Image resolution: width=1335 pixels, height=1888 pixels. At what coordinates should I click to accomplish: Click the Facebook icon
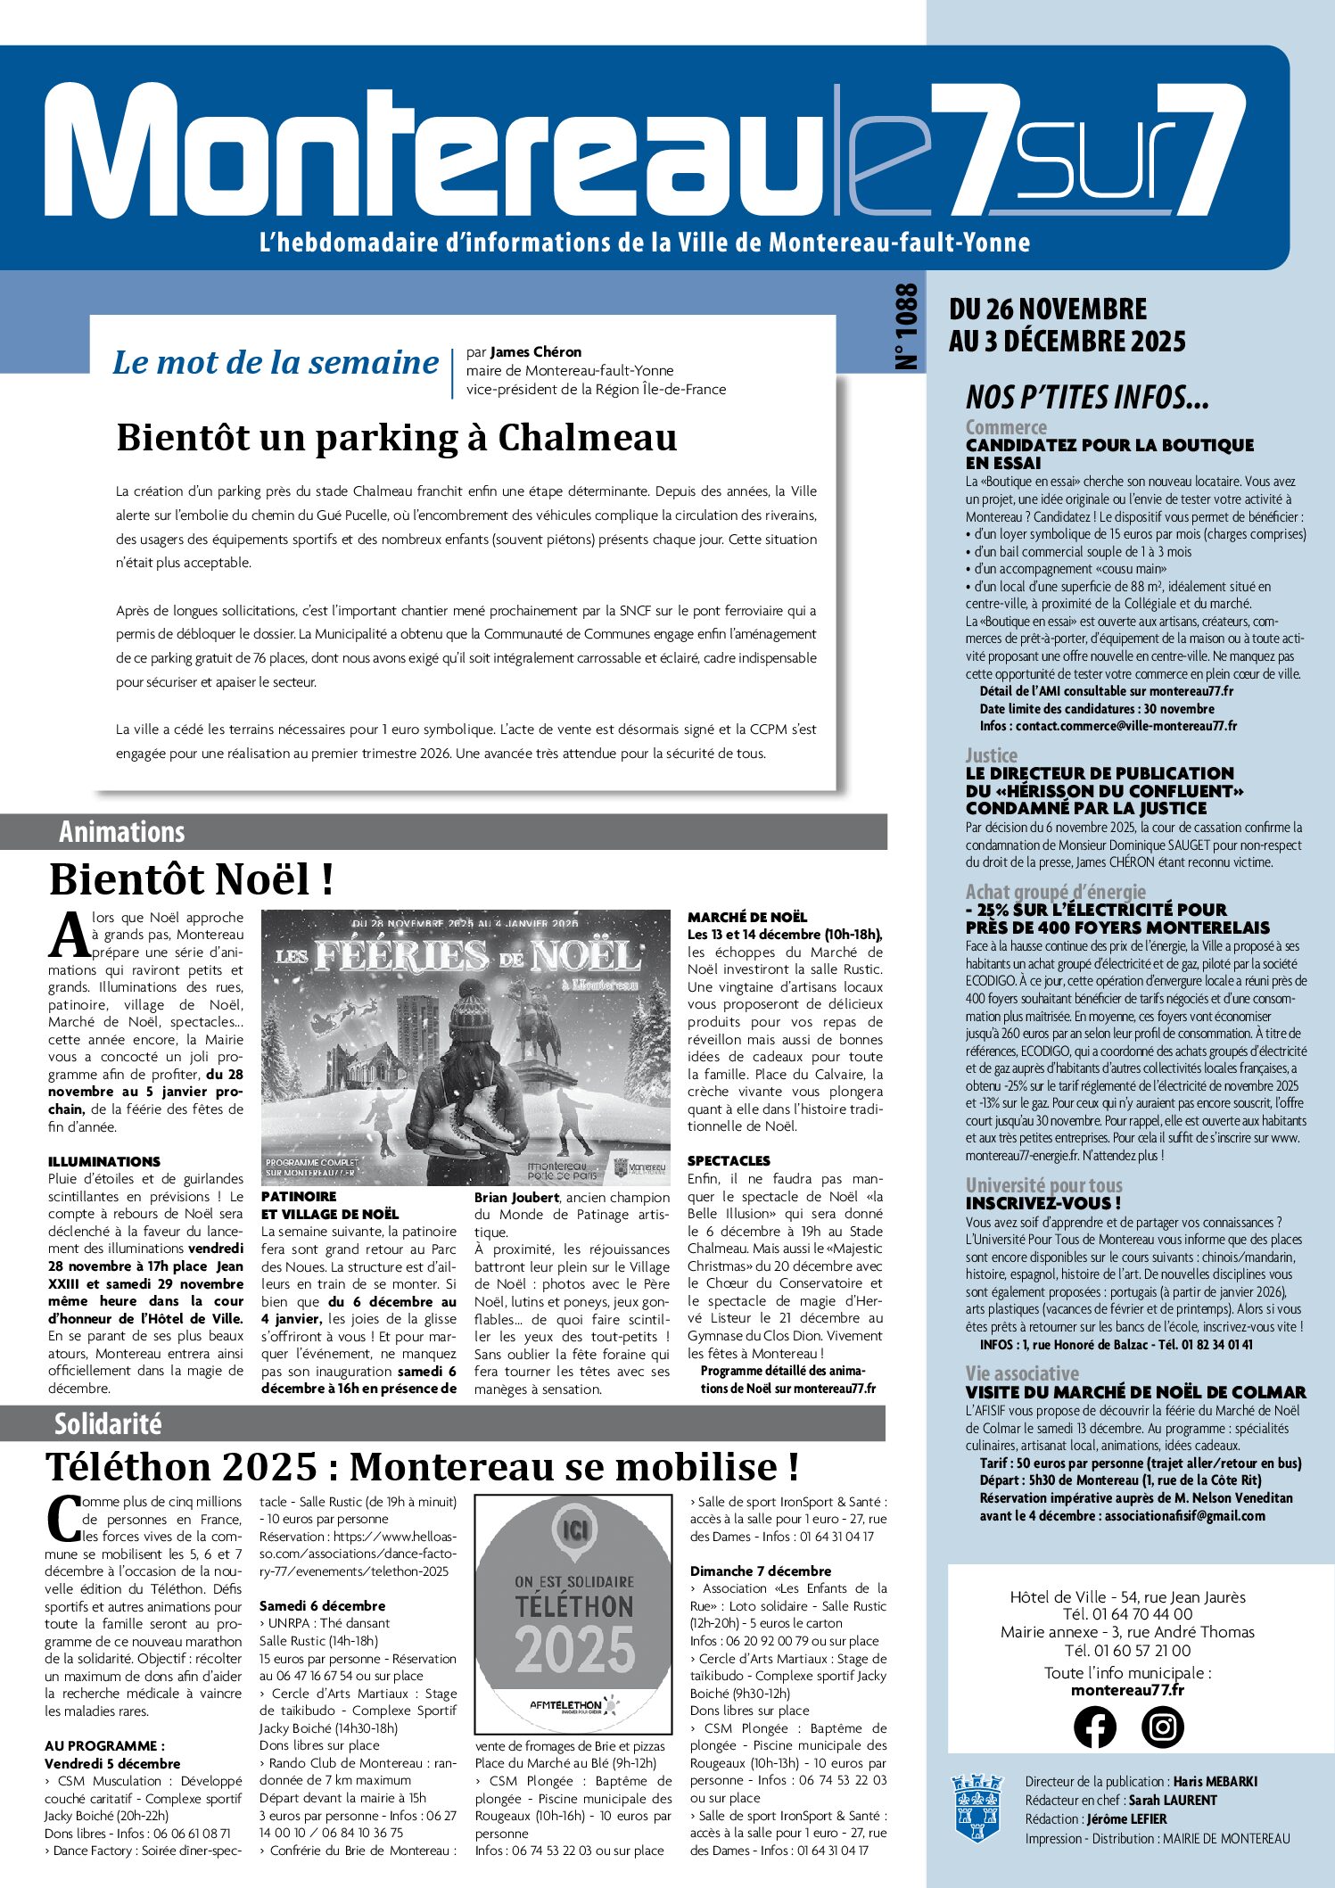point(1094,1727)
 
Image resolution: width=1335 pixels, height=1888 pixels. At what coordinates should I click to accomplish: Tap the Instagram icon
point(1163,1727)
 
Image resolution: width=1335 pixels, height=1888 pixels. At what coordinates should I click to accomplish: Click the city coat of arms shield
point(977,1808)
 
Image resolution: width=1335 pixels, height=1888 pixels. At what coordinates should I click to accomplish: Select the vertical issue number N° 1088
point(905,326)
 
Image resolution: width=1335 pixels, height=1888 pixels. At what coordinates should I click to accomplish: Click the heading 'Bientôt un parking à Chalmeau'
point(396,438)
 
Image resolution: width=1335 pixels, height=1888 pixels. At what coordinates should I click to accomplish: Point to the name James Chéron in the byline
point(535,351)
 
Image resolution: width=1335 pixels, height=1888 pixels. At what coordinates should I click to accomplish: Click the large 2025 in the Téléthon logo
point(574,1650)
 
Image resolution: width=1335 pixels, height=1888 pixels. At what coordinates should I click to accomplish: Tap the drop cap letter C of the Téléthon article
point(62,1520)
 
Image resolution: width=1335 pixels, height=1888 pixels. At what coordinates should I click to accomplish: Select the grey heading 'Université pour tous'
point(1043,1185)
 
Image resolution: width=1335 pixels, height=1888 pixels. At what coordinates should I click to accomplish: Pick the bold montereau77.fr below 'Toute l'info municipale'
point(1127,1690)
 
